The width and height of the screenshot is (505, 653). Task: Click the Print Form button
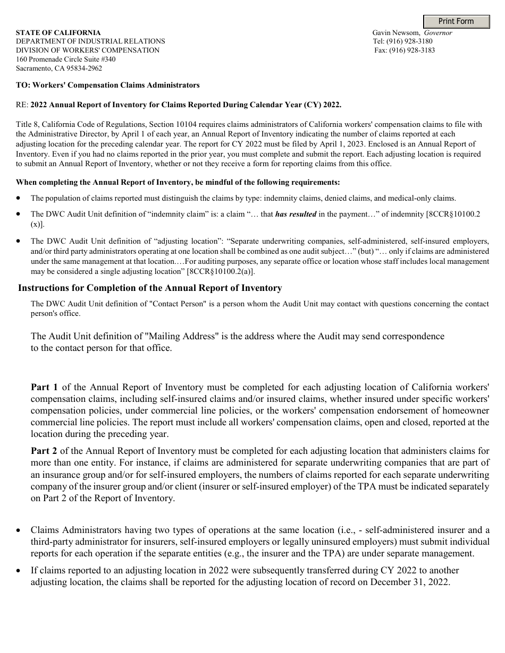coord(456,21)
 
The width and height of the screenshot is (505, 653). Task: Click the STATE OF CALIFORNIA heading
coord(58,33)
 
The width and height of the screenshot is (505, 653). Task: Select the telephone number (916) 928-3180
coord(410,41)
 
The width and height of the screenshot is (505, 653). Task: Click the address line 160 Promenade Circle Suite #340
coord(65,59)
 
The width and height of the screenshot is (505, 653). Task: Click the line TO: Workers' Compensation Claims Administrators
coord(108,85)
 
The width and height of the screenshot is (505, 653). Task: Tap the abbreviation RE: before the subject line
coord(22,105)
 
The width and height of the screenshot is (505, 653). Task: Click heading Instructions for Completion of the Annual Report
coord(150,288)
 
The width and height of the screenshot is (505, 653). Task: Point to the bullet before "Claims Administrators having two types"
coord(19,530)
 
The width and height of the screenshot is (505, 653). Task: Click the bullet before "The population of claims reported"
coord(19,198)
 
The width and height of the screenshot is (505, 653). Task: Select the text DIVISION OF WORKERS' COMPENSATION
coord(88,50)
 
